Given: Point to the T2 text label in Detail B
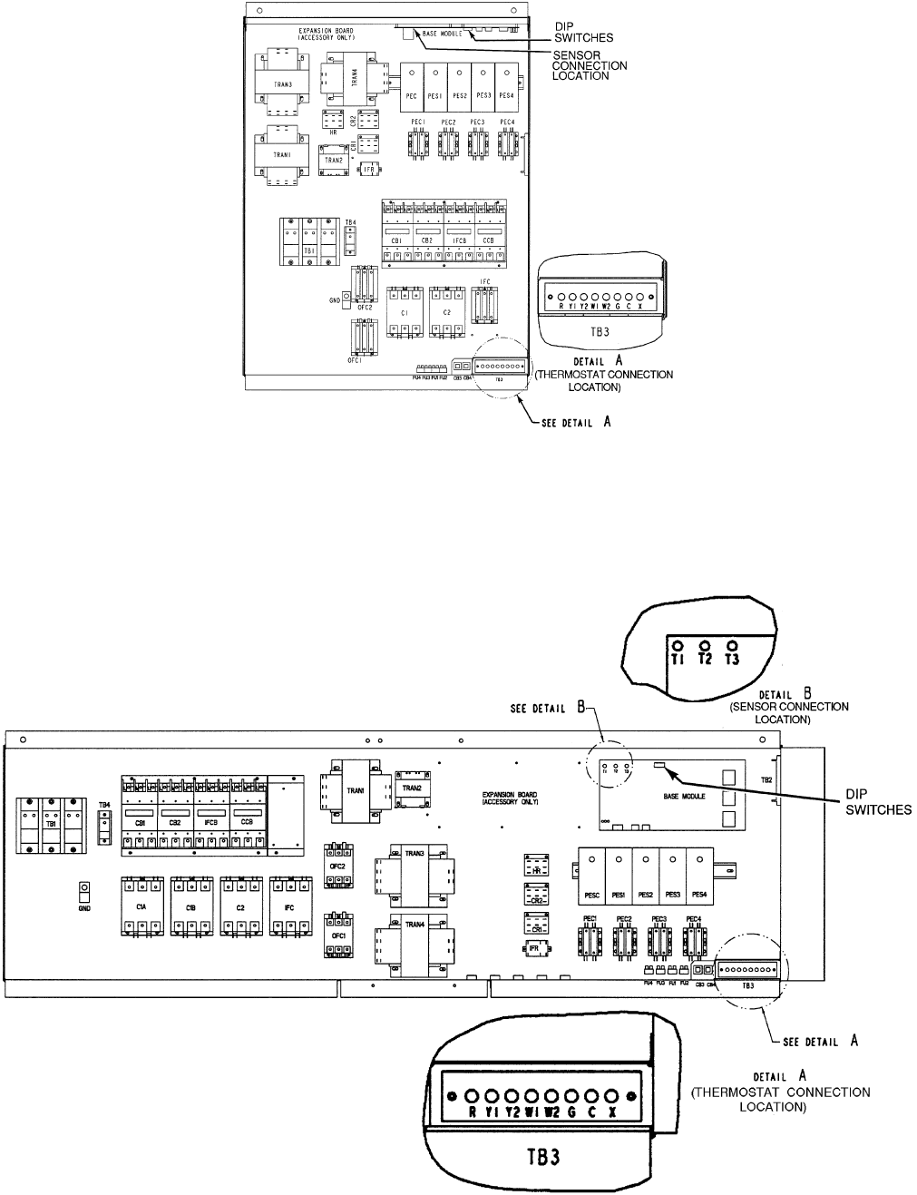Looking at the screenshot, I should click(x=705, y=660).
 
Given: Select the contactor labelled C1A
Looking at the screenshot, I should click(x=141, y=906).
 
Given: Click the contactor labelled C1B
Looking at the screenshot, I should click(x=190, y=906).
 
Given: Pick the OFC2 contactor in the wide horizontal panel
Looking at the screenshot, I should click(x=337, y=857).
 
